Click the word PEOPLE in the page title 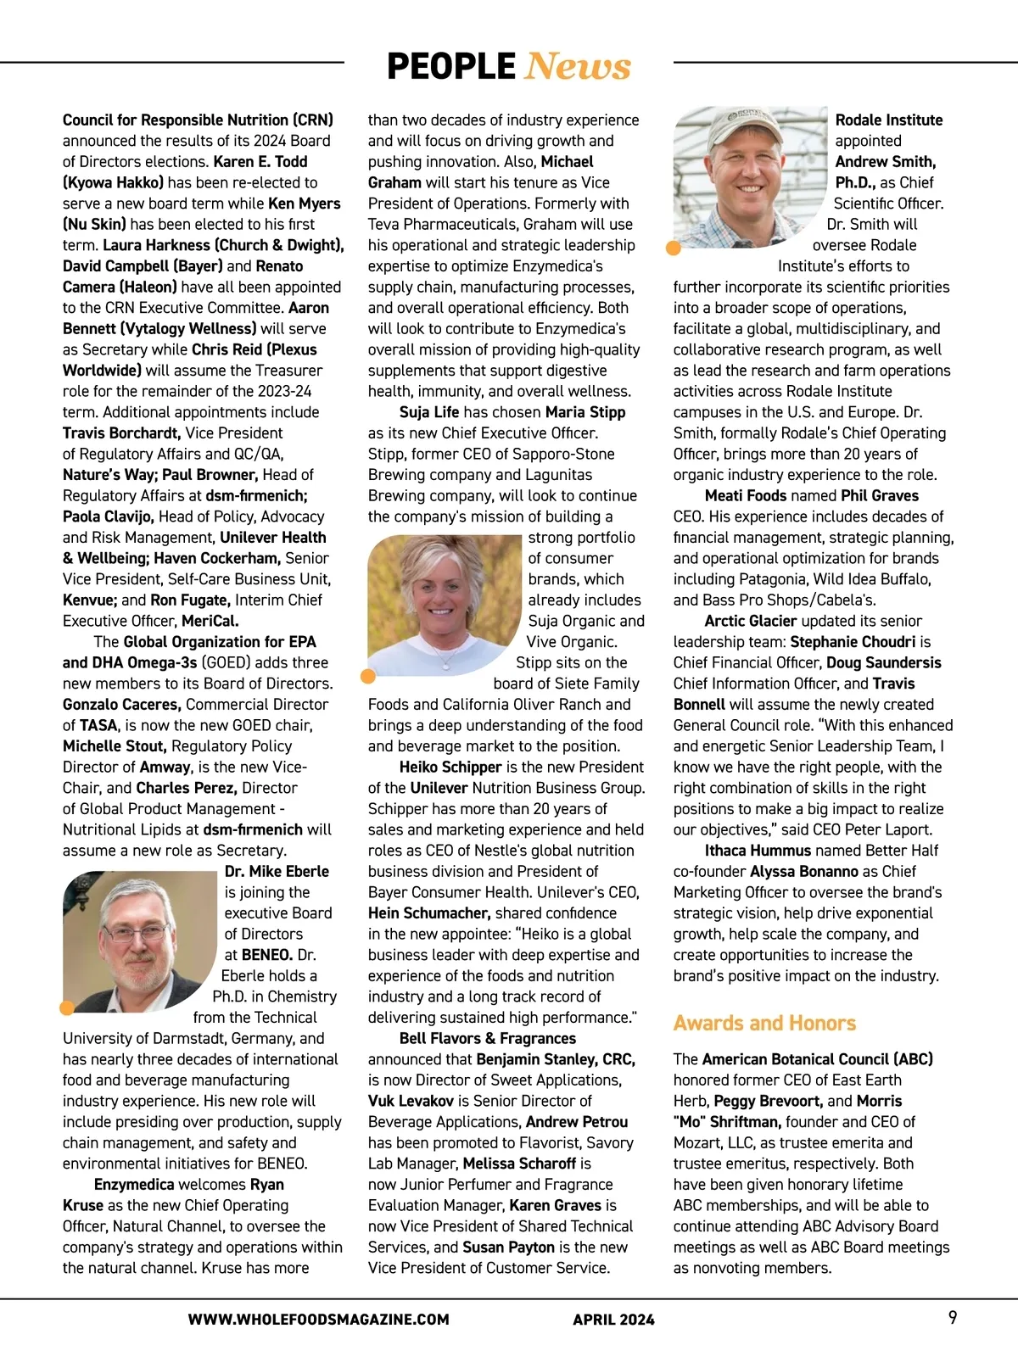[x=450, y=66]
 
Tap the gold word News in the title [x=578, y=66]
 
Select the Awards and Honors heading [x=764, y=1023]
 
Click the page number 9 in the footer [x=953, y=1317]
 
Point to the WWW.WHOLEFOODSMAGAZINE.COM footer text [x=318, y=1319]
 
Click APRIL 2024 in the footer [x=613, y=1319]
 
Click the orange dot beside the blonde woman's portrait [x=368, y=676]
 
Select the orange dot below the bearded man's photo [x=67, y=1008]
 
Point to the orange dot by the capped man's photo [x=674, y=248]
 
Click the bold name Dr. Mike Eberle [x=277, y=871]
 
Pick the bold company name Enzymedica [x=146, y=1184]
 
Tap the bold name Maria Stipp [x=585, y=412]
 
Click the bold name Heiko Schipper [x=450, y=767]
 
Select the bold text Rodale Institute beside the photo [x=889, y=120]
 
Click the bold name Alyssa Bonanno [x=804, y=871]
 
